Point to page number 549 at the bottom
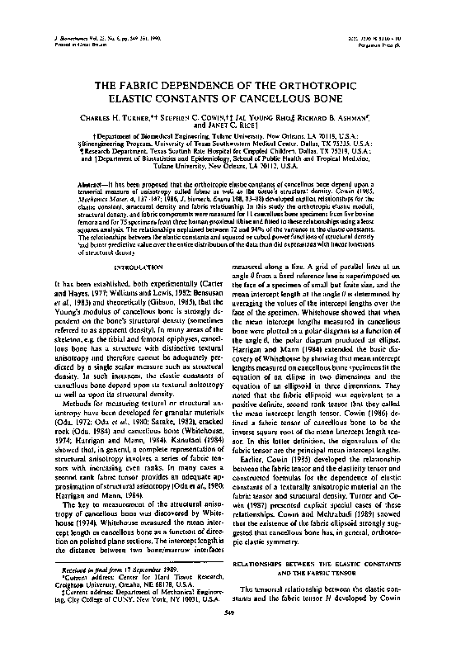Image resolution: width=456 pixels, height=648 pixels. pos(228,633)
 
